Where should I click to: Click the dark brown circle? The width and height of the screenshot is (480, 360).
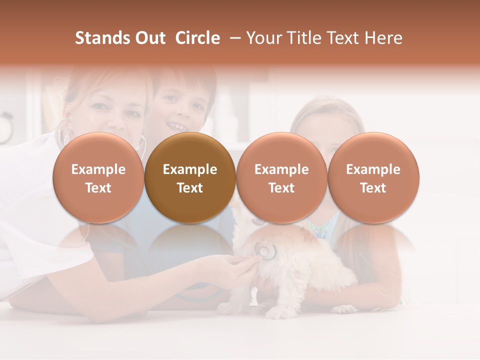coord(190,177)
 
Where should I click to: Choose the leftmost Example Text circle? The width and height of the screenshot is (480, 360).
coord(98,177)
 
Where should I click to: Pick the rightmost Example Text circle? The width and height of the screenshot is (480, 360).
coord(373,177)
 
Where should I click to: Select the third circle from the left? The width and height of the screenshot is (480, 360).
coord(281,177)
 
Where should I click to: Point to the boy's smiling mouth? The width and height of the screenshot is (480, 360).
coord(176,125)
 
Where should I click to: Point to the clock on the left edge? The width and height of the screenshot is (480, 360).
coord(5,127)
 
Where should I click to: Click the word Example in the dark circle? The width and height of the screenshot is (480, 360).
coord(190,169)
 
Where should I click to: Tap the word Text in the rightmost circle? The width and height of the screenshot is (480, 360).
coord(373,188)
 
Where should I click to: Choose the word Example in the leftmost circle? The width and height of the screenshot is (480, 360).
coord(98,169)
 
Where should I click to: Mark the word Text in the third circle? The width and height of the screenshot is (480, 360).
coord(281,188)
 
